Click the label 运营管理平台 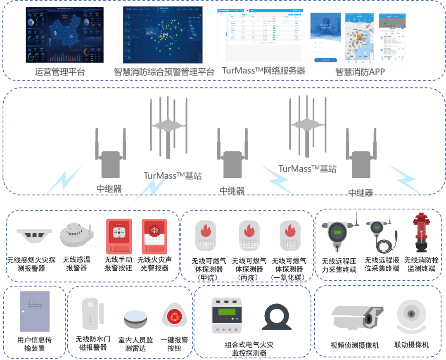click(60, 72)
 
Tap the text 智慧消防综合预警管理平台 click(164, 72)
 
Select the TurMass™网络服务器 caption click(263, 71)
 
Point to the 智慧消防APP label click(360, 72)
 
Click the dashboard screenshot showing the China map click(65, 34)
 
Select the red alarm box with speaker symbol click(154, 236)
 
